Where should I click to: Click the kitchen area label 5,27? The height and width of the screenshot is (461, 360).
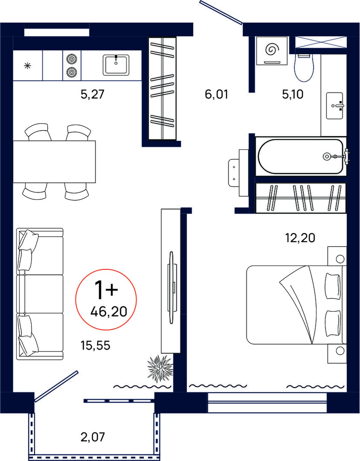(93, 94)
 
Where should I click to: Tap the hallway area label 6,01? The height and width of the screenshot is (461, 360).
(217, 94)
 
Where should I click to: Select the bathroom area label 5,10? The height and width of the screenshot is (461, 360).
(293, 94)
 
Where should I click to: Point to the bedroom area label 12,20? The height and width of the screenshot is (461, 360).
(300, 238)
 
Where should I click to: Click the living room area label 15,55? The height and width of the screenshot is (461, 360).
(96, 345)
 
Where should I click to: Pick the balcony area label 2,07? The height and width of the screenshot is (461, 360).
(93, 437)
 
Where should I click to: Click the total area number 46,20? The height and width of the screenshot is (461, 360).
(109, 311)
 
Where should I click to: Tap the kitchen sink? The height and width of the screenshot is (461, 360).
(116, 65)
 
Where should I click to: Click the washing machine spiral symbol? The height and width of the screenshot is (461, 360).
(271, 50)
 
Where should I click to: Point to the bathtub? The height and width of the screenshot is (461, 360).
(301, 156)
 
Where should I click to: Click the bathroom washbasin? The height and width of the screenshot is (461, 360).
(335, 105)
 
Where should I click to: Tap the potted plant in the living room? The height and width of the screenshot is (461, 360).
(160, 368)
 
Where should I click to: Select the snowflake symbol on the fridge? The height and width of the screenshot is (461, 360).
(28, 66)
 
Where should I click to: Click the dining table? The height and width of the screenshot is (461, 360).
(54, 161)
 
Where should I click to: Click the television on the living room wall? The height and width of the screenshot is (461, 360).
(171, 288)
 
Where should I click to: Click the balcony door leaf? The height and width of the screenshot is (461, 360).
(56, 386)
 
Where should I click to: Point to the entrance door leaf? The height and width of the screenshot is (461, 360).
(221, 12)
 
